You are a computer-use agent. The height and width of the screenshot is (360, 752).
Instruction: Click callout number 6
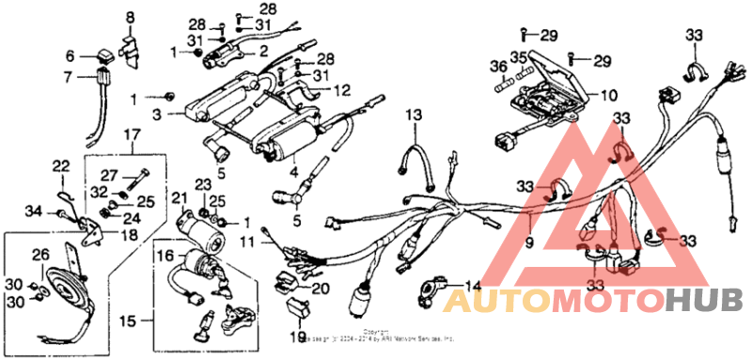pyautogui.click(x=70, y=55)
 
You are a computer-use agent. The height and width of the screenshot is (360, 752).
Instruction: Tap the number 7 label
pyautogui.click(x=68, y=77)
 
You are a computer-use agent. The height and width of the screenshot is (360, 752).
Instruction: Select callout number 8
pyautogui.click(x=131, y=17)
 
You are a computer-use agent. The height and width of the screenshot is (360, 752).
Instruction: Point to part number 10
pyautogui.click(x=608, y=95)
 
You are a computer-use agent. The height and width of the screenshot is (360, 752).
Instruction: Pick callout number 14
pyautogui.click(x=471, y=285)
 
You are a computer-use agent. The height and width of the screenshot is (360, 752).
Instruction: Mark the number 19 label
pyautogui.click(x=297, y=336)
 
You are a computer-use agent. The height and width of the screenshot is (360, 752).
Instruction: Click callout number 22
pyautogui.click(x=61, y=166)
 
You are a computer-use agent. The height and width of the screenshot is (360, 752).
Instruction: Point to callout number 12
pyautogui.click(x=341, y=90)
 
